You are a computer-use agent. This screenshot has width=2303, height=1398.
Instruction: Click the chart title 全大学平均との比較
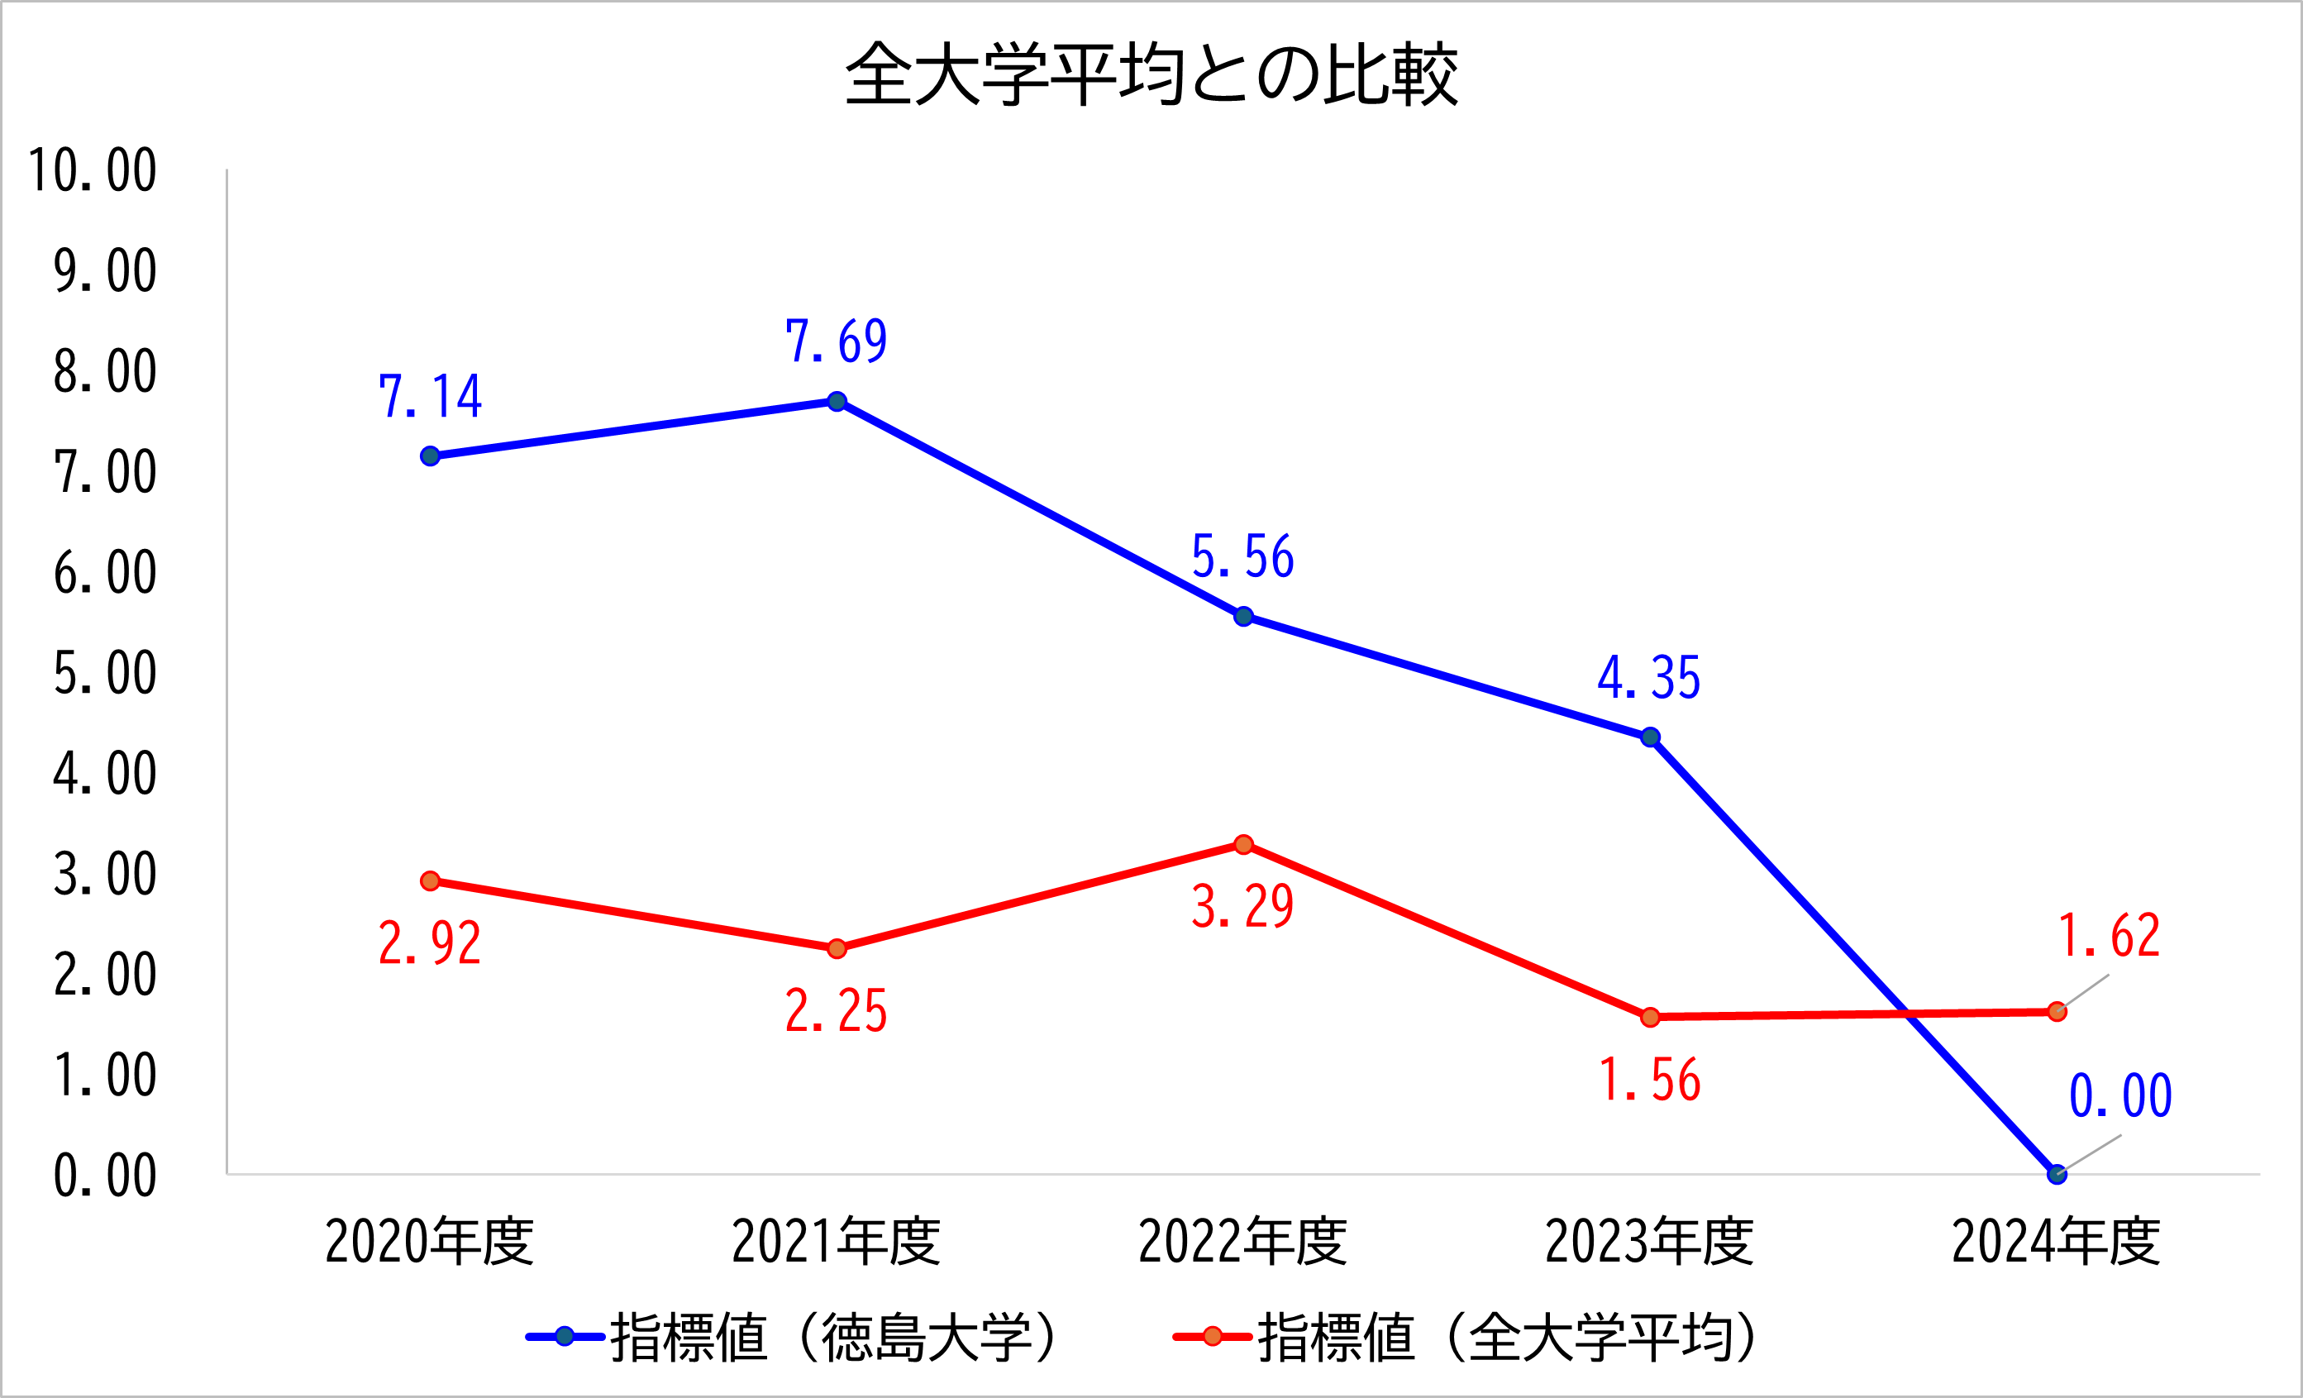1151,74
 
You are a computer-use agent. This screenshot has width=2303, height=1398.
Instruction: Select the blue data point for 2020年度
430,456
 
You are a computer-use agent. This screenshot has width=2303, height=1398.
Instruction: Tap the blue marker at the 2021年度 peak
837,402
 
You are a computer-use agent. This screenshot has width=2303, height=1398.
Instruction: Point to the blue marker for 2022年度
1243,617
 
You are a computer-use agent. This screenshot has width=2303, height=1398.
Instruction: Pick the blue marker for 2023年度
1651,737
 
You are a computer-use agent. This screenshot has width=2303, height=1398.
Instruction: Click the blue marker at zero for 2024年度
2057,1175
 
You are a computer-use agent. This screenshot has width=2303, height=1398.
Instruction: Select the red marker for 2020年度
430,881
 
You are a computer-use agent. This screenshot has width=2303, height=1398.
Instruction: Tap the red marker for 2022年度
1243,845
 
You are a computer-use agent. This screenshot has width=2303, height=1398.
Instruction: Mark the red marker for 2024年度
2057,1012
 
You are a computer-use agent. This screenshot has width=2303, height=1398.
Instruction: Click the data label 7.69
836,341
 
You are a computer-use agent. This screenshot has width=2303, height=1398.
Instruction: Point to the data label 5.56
1242,557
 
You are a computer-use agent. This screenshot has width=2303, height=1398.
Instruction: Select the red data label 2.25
836,1011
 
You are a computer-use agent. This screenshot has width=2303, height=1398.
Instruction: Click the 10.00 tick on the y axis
93,171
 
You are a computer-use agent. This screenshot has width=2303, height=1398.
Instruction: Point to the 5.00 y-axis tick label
105,674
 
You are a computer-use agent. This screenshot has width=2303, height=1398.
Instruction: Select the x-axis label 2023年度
1650,1242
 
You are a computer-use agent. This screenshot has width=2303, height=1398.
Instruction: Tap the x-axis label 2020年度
430,1242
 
